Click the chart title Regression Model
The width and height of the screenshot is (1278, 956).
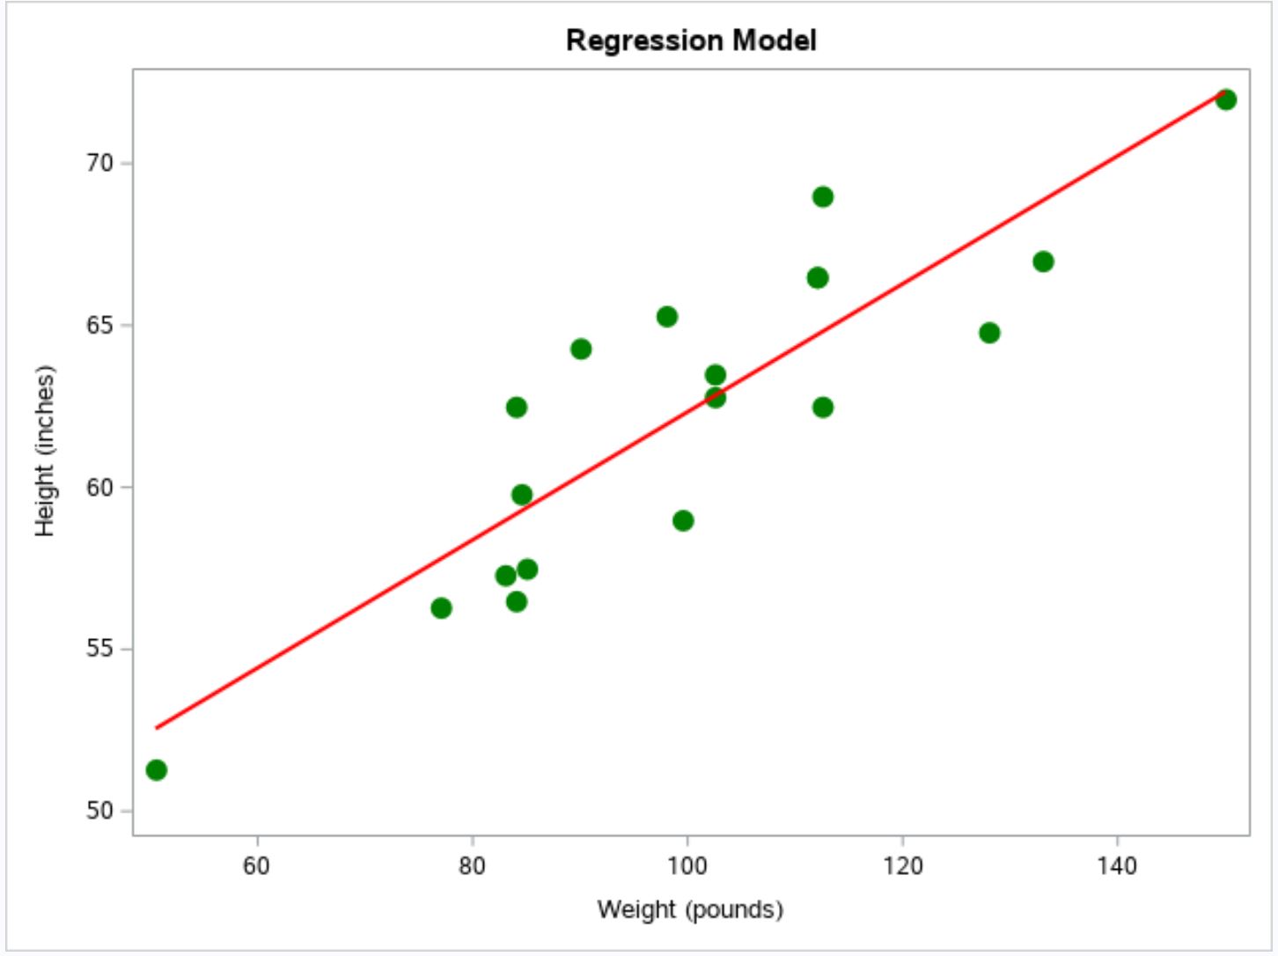[691, 40]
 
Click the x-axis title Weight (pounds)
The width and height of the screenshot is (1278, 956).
[690, 908]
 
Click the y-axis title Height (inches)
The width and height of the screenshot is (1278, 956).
[45, 451]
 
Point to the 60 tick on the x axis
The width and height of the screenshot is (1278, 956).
[257, 866]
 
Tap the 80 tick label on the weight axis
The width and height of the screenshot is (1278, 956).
[473, 866]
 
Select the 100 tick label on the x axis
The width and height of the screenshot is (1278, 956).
[687, 866]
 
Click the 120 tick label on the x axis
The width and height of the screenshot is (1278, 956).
[903, 866]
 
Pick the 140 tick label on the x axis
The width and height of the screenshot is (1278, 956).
[1118, 866]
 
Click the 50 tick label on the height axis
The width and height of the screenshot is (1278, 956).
[100, 811]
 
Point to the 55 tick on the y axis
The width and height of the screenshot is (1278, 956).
[100, 649]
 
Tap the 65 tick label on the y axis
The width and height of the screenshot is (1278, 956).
[100, 325]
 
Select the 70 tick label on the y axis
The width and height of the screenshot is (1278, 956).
[100, 163]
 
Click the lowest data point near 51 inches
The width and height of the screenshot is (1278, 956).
[157, 770]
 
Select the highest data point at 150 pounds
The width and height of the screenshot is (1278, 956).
[1226, 99]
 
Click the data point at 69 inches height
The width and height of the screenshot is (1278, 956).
[823, 196]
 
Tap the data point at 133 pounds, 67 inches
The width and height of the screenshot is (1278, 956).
[1043, 261]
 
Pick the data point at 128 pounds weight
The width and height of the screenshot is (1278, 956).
[989, 333]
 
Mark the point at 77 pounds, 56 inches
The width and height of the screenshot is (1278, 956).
[441, 608]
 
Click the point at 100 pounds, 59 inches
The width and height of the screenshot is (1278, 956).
[683, 521]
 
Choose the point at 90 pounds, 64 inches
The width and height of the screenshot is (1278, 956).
[581, 349]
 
